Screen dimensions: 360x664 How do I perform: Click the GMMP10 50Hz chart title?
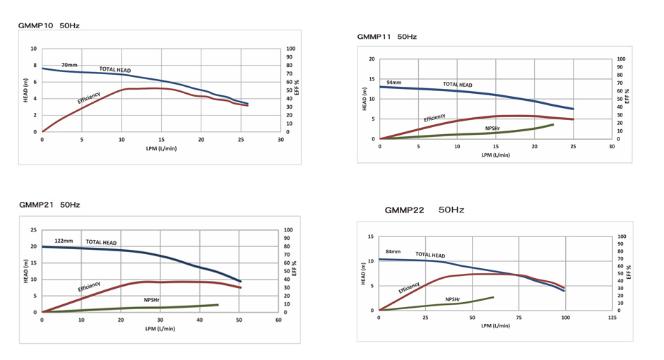[x=49, y=25]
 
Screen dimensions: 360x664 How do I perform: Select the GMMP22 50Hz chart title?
[x=424, y=210]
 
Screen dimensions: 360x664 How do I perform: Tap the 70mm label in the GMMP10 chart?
[x=69, y=65]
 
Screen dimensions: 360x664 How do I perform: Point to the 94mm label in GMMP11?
[x=393, y=83]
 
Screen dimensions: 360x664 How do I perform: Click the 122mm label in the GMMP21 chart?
[x=64, y=241]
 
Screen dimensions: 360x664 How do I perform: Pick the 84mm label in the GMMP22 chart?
[x=393, y=251]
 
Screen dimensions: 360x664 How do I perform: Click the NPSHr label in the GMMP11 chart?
[x=494, y=128]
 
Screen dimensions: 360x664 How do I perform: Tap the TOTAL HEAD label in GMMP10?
[x=115, y=70]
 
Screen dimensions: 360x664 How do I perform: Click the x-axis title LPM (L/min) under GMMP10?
[x=162, y=148]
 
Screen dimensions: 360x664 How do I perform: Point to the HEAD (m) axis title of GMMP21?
[x=25, y=271]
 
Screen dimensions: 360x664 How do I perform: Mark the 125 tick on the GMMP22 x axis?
[x=612, y=318]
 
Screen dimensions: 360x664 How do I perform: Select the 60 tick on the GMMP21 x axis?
[x=278, y=320]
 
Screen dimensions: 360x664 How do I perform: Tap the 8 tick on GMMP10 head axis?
[x=34, y=66]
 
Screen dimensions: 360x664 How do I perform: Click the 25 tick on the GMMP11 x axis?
[x=573, y=146]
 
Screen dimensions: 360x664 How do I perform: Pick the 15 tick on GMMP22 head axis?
[x=371, y=237]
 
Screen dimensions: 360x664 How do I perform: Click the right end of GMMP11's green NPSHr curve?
[x=553, y=125]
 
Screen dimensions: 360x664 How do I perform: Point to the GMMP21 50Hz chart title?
[x=49, y=205]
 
